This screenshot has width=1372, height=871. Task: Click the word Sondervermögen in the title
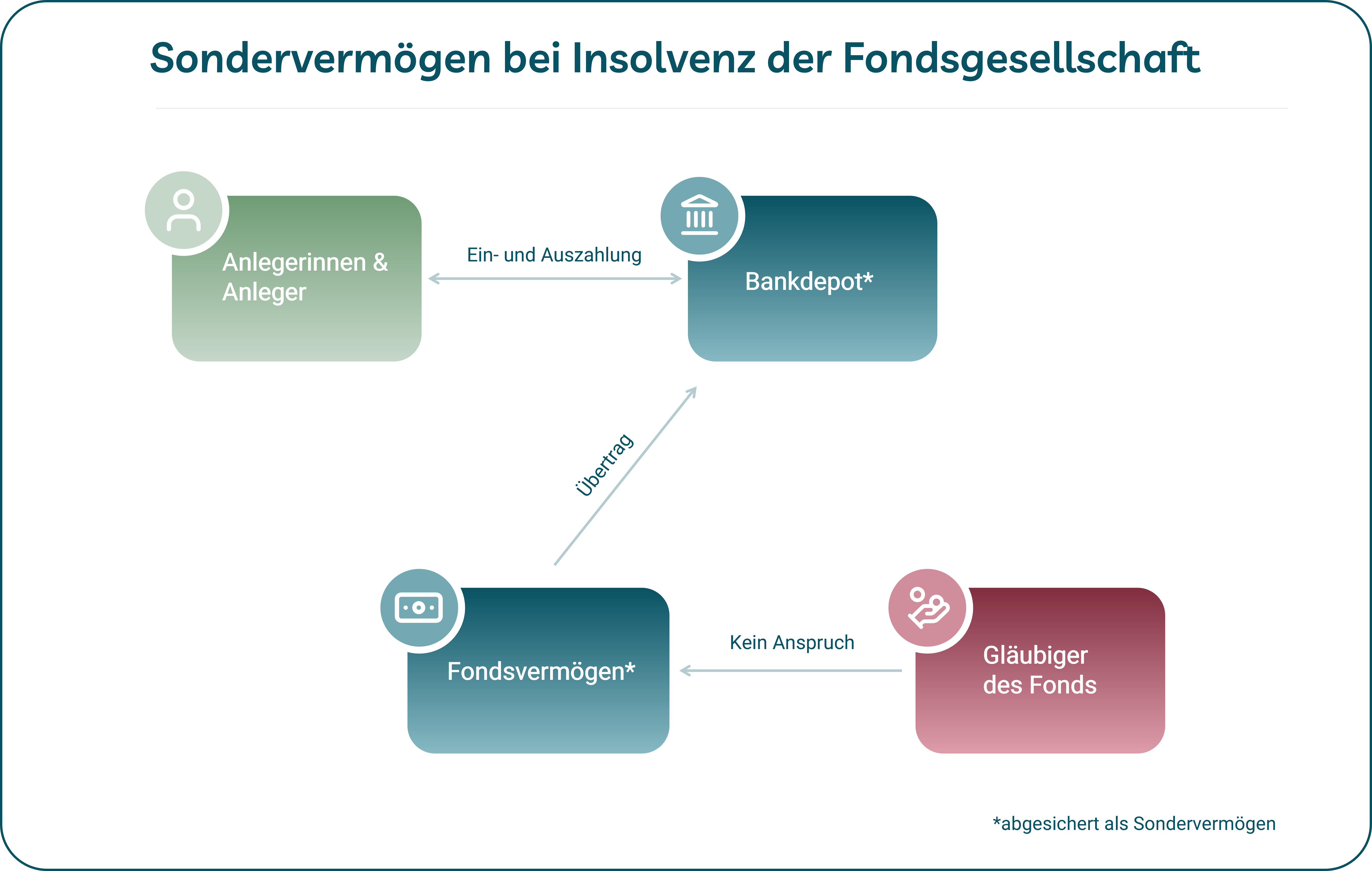click(x=320, y=59)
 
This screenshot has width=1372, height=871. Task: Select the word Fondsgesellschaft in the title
click(x=1021, y=59)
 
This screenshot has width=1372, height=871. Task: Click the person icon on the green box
click(x=183, y=210)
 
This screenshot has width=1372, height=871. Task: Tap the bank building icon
click(x=699, y=215)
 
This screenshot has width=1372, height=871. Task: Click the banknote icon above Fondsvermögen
click(x=419, y=607)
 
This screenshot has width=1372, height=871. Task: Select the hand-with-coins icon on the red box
click(x=928, y=607)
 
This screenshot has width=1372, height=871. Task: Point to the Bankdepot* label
click(x=809, y=281)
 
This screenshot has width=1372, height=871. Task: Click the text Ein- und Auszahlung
click(x=554, y=255)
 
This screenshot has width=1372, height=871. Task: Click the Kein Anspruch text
click(x=792, y=643)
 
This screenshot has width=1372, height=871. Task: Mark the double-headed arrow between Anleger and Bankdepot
click(x=554, y=279)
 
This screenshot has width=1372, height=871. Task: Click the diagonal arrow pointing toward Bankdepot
click(x=625, y=476)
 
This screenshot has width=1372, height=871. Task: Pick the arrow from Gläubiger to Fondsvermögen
click(x=791, y=670)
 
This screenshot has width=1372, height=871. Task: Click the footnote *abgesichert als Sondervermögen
click(x=1134, y=824)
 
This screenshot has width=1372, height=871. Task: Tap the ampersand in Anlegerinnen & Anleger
click(x=380, y=263)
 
